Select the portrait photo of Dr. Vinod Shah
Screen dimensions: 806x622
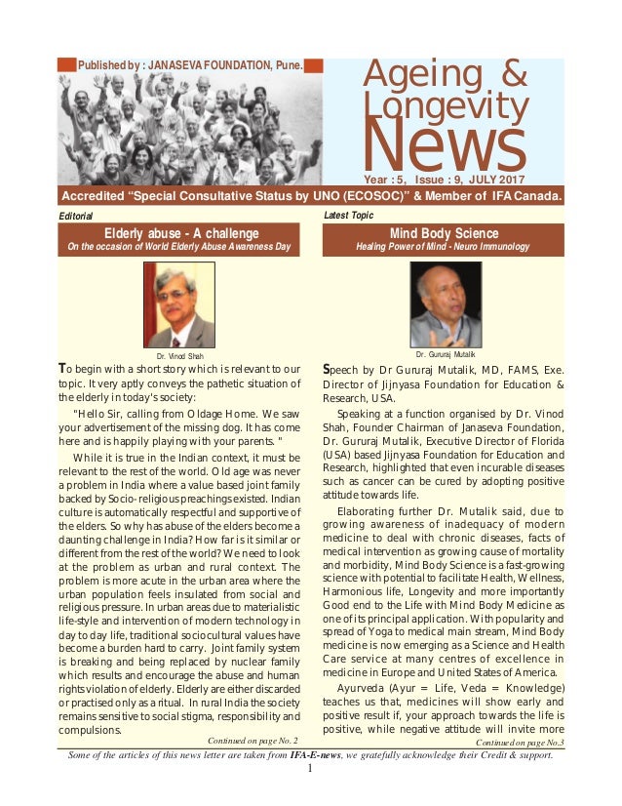178,305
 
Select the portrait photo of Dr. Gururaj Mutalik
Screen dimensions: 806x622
446,304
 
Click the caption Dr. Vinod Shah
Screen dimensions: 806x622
179,357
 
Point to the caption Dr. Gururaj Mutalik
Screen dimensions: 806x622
446,353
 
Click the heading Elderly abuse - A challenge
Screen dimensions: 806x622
181,233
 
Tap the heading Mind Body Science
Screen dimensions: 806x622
445,233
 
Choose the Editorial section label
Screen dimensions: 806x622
76,216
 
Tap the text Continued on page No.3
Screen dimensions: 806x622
520,743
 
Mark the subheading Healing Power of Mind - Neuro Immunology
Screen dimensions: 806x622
445,247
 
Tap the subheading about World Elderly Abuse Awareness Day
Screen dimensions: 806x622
181,247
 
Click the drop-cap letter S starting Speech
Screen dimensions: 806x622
328,369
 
